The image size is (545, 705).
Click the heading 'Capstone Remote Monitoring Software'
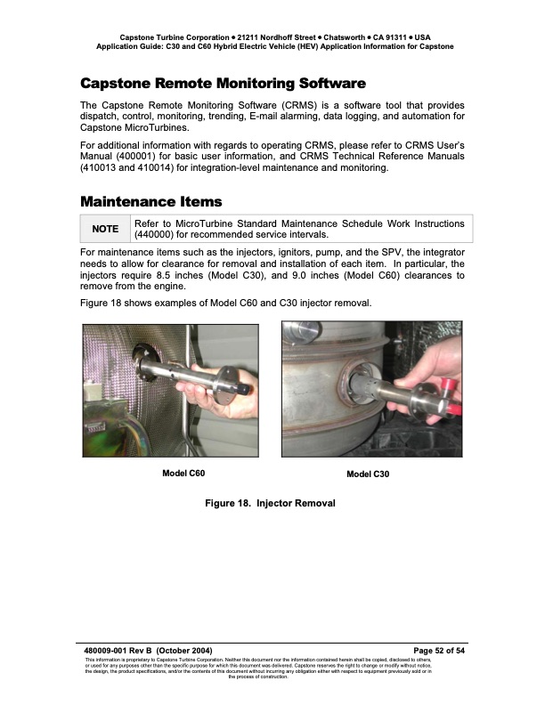pyautogui.click(x=223, y=84)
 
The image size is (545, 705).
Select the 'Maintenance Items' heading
pyautogui.click(x=150, y=201)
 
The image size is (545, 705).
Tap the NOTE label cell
pyautogui.click(x=105, y=229)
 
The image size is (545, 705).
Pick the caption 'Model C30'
pyautogui.click(x=368, y=474)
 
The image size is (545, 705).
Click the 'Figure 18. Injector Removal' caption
pyautogui.click(x=270, y=504)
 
